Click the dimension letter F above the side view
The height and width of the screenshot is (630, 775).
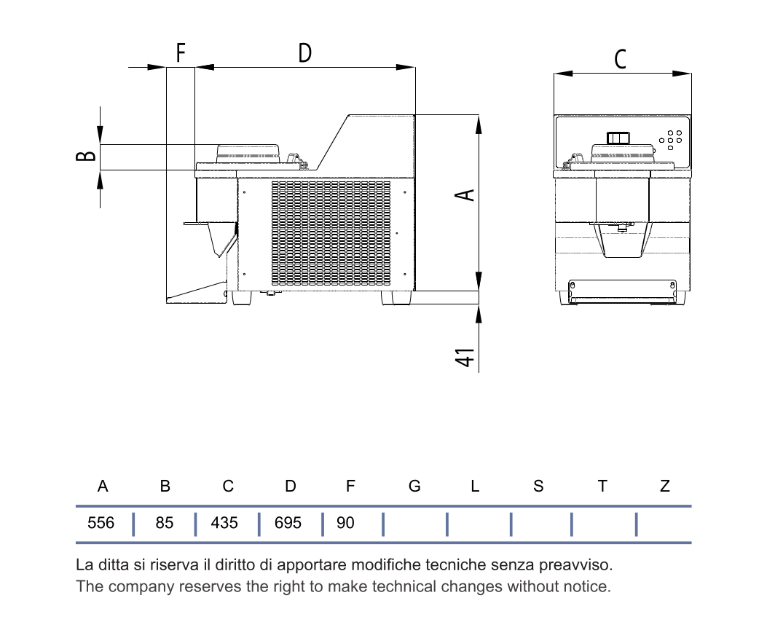[x=181, y=52]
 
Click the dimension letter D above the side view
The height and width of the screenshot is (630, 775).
[x=305, y=53]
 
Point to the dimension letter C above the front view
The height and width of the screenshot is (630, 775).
[x=621, y=59]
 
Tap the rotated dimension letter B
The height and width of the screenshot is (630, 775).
[x=85, y=156]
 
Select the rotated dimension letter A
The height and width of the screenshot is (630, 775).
[x=465, y=195]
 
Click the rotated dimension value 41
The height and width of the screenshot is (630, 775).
[x=465, y=358]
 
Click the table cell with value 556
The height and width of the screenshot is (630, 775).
[x=101, y=523]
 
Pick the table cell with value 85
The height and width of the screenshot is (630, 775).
[x=165, y=523]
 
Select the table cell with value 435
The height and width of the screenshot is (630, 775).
[x=224, y=523]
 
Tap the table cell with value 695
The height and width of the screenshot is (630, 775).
[x=288, y=523]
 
